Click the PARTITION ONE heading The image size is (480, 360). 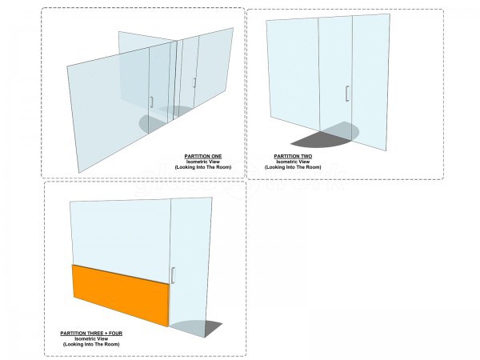click(x=203, y=155)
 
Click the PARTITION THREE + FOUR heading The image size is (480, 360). click(x=90, y=332)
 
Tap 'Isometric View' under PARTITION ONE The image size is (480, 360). click(x=203, y=161)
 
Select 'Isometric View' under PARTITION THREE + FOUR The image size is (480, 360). click(x=90, y=338)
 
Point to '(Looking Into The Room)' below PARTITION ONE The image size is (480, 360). click(x=203, y=166)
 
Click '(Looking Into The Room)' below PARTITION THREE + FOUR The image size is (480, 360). click(x=90, y=343)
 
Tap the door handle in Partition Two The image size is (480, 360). click(x=346, y=94)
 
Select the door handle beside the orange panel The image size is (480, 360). click(x=173, y=275)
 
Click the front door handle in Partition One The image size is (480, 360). click(x=150, y=101)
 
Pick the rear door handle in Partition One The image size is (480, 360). click(x=194, y=82)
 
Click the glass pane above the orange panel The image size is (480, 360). click(x=120, y=232)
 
